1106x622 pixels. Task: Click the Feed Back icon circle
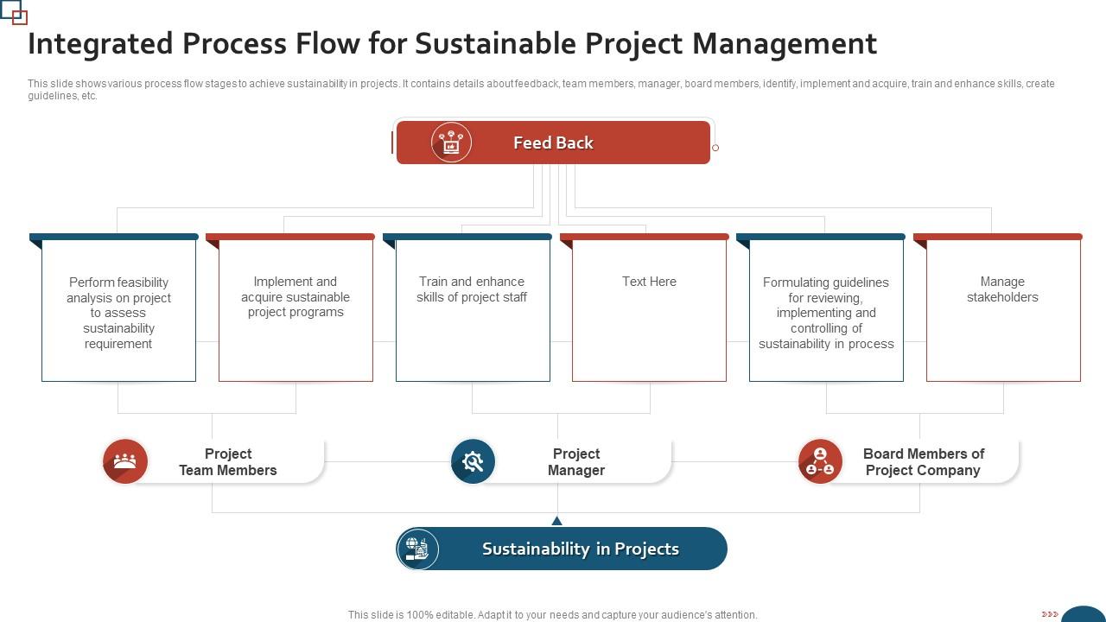pos(451,143)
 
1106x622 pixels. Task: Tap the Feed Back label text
pos(553,143)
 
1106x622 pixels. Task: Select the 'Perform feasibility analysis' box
pos(118,312)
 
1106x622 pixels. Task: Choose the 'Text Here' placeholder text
pos(649,282)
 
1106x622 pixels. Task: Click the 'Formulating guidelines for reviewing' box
pos(826,312)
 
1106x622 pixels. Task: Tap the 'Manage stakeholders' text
pos(1002,289)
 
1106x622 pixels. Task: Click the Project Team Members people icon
pos(125,461)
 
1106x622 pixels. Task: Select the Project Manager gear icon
pos(473,461)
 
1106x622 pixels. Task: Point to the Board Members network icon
pos(820,461)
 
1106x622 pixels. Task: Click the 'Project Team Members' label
pos(228,462)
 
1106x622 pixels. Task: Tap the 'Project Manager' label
pos(576,462)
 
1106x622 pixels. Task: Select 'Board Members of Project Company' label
pos(923,462)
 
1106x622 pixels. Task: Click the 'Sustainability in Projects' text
pos(581,549)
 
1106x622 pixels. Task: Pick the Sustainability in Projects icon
pos(418,549)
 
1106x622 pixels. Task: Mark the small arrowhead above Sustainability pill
pos(557,520)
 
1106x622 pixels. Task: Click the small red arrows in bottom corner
pos(1050,614)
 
